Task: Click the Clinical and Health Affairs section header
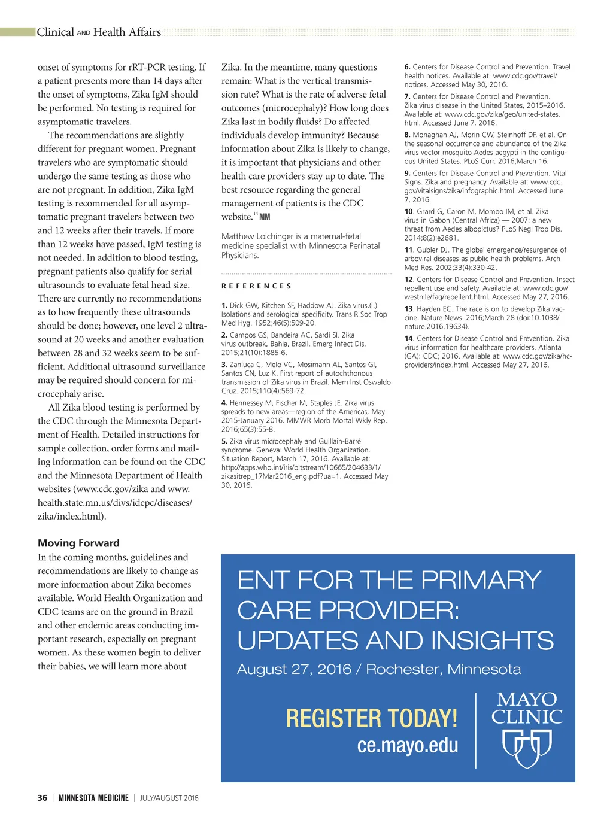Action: tap(99, 32)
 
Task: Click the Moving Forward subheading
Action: tap(78, 543)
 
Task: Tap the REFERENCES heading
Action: tap(256, 286)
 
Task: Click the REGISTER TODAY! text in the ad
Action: tap(371, 718)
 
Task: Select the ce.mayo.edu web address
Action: tap(407, 745)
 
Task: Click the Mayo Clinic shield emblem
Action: tap(527, 748)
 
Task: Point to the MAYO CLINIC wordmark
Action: tap(527, 708)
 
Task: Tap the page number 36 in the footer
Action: tap(43, 798)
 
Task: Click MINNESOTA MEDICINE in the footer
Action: tap(93, 798)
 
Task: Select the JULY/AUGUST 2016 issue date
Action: tap(169, 798)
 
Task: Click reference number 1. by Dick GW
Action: tap(224, 305)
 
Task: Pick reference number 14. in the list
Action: tap(409, 338)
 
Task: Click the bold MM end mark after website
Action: tap(265, 217)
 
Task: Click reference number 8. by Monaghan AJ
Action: tap(407, 135)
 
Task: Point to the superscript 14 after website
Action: tap(256, 214)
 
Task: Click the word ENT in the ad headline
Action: tap(263, 581)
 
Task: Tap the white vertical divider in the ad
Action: tap(476, 730)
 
